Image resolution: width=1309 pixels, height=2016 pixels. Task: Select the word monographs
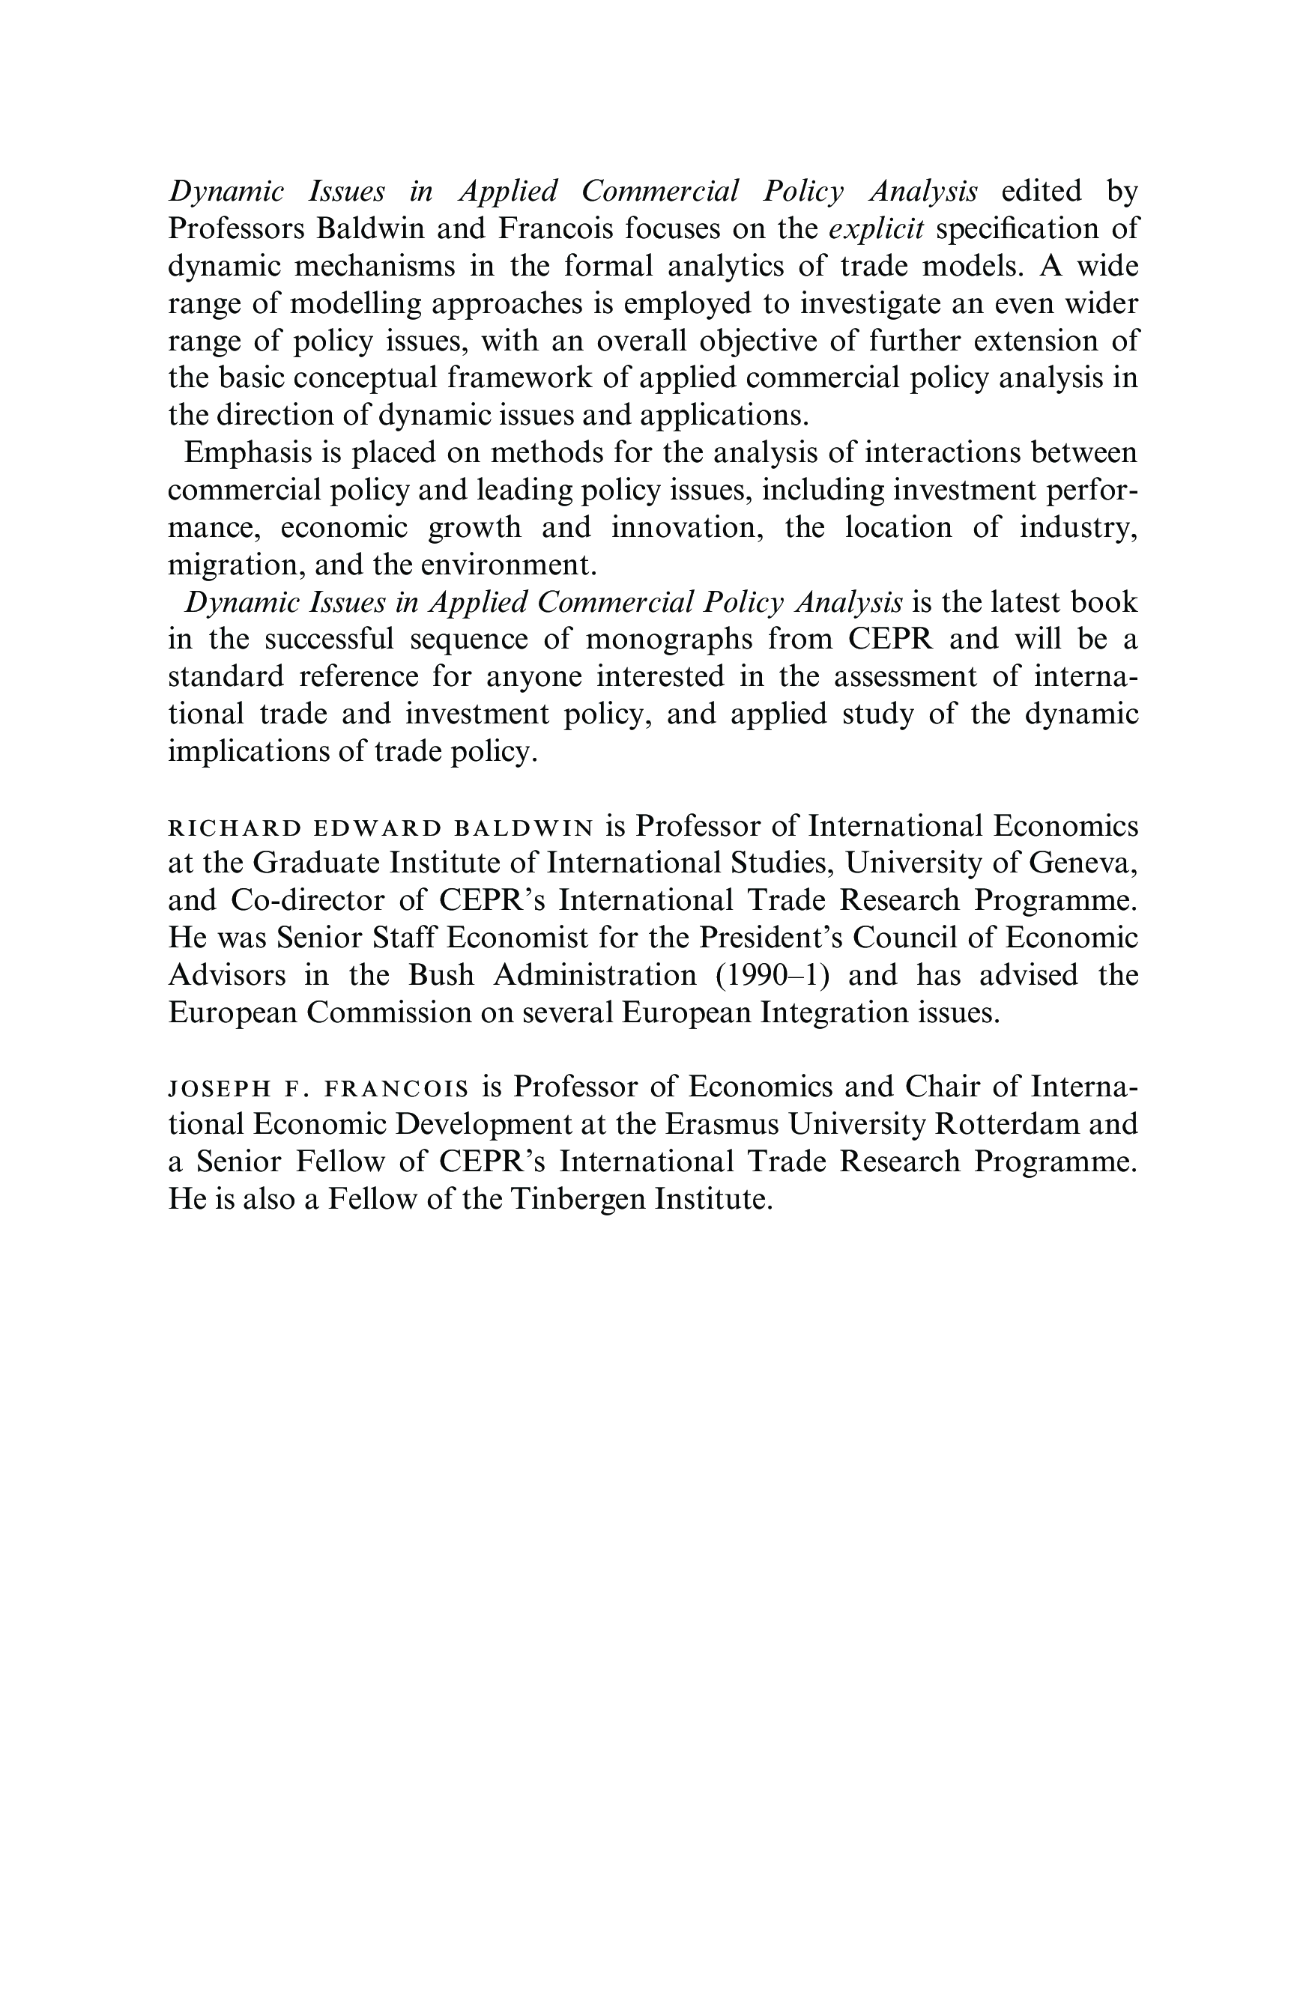[x=668, y=640]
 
